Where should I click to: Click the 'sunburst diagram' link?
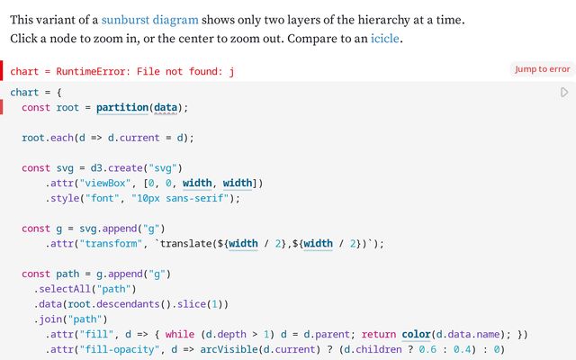click(x=149, y=19)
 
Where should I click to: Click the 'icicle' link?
click(x=386, y=40)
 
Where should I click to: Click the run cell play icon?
click(x=564, y=93)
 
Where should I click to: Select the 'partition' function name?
click(x=122, y=108)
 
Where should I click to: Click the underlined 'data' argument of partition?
click(x=165, y=108)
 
